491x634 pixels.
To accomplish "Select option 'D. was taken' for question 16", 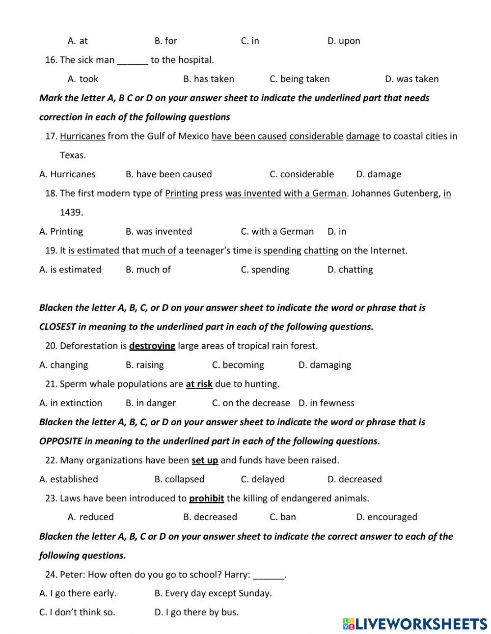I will pyautogui.click(x=411, y=79).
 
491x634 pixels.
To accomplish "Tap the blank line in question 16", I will pyautogui.click(x=133, y=60).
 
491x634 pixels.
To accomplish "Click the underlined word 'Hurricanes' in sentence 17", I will pyautogui.click(x=82, y=136).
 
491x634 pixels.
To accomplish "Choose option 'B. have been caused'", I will pyautogui.click(x=168, y=174).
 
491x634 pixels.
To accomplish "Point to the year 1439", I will pyautogui.click(x=71, y=212).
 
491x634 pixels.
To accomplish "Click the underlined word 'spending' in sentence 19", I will pyautogui.click(x=282, y=250).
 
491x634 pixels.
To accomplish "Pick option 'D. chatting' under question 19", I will pyautogui.click(x=350, y=270).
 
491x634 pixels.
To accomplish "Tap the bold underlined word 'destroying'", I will pyautogui.click(x=152, y=346).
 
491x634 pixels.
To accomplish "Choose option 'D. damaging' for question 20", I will pyautogui.click(x=325, y=365).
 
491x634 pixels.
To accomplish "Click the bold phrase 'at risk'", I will pyautogui.click(x=199, y=384).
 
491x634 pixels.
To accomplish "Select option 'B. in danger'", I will pyautogui.click(x=150, y=403).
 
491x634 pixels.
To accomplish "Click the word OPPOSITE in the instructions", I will pyautogui.click(x=60, y=441).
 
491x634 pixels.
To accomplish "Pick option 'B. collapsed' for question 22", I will pyautogui.click(x=179, y=479).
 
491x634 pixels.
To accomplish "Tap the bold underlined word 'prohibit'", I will pyautogui.click(x=206, y=498).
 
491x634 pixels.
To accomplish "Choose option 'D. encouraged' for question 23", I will pyautogui.click(x=386, y=517).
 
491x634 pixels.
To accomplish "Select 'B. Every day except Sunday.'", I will pyautogui.click(x=213, y=593).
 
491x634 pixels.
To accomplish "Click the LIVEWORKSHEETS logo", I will pyautogui.click(x=415, y=624).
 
